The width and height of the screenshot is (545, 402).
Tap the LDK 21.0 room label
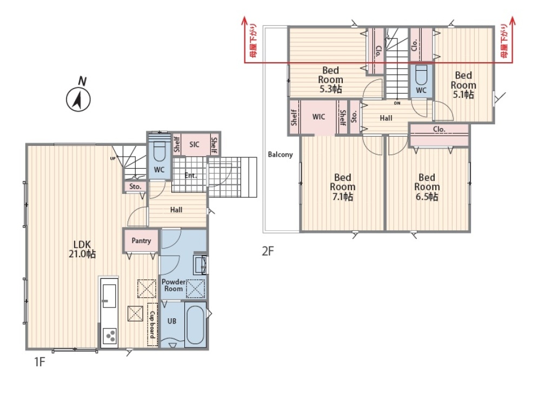point(82,249)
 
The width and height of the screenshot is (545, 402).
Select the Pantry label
point(141,240)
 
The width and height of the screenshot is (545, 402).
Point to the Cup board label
point(152,325)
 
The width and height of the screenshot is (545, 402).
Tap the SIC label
point(194,144)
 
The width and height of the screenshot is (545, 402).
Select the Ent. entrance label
point(190,176)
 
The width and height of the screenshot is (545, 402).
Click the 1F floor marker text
point(39,362)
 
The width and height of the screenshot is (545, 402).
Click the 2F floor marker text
point(268,251)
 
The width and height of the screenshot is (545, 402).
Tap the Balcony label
point(280,155)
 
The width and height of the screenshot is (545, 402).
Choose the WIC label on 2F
point(319,117)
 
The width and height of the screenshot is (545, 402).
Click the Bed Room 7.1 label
point(343,187)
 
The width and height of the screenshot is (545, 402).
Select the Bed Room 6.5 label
point(427,187)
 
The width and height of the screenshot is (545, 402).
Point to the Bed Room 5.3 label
point(330,79)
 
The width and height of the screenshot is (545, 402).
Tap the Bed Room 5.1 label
point(463,85)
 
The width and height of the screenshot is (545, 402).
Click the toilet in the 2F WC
point(421,75)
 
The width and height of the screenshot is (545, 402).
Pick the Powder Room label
point(174,285)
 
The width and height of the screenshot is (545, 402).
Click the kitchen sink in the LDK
point(109,296)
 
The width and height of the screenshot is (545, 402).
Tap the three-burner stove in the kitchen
point(109,336)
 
